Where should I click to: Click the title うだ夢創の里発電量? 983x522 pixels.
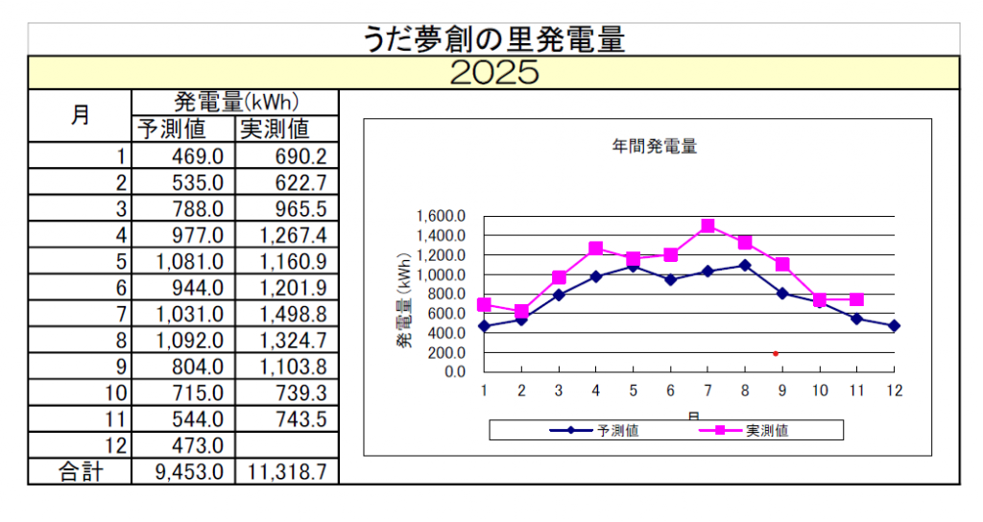(x=493, y=39)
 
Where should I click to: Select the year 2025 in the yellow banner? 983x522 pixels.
(x=493, y=73)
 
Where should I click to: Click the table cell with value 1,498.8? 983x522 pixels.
(x=286, y=314)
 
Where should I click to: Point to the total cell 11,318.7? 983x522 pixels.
(x=286, y=471)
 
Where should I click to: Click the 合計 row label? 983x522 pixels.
(x=81, y=471)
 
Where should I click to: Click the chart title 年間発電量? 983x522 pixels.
(x=654, y=147)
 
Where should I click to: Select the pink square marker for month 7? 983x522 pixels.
(x=707, y=226)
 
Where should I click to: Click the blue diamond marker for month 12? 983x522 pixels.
(x=894, y=326)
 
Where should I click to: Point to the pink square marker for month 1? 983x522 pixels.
(x=484, y=304)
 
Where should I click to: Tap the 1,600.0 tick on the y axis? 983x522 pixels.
(x=442, y=217)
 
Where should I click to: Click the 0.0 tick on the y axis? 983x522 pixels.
(x=453, y=372)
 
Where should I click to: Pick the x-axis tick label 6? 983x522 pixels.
(x=670, y=391)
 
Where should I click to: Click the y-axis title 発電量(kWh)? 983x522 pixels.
(x=404, y=299)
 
